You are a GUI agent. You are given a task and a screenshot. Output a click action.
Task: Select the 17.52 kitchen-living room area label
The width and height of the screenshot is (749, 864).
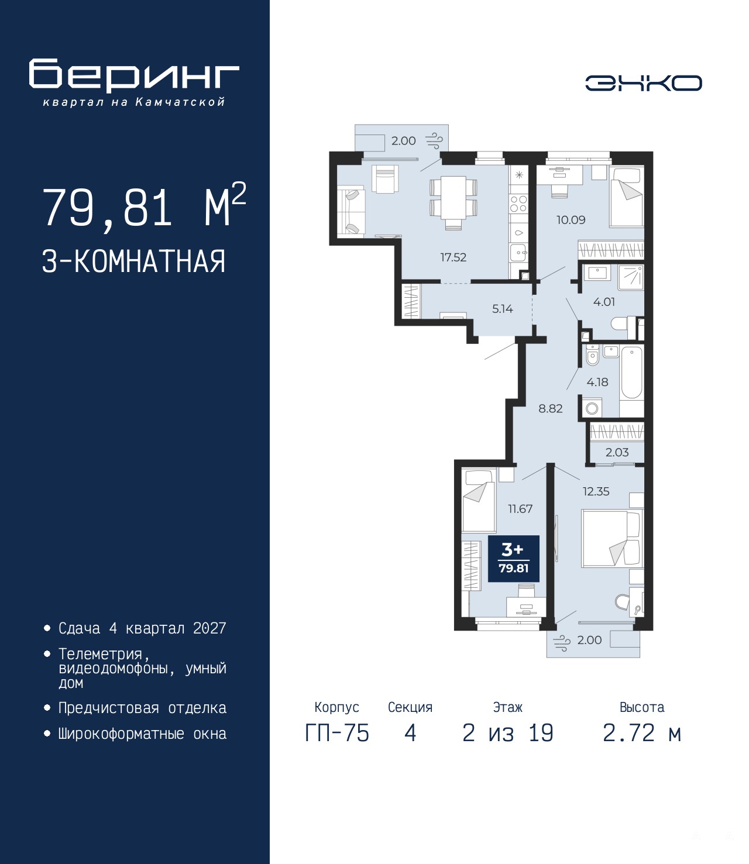pyautogui.click(x=453, y=257)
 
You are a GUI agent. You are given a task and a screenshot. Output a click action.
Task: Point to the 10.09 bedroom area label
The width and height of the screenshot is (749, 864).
pyautogui.click(x=571, y=220)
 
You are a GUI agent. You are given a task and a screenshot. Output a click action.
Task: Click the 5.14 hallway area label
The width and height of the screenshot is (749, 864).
pyautogui.click(x=502, y=309)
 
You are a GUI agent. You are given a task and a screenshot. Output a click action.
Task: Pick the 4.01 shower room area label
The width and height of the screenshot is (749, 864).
pyautogui.click(x=604, y=302)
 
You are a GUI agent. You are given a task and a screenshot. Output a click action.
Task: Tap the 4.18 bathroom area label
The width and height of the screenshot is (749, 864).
pyautogui.click(x=597, y=381)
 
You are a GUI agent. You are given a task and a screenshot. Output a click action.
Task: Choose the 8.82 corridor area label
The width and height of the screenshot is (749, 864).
pyautogui.click(x=551, y=408)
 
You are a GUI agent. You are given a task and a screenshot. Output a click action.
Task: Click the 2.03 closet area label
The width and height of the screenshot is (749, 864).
pyautogui.click(x=617, y=452)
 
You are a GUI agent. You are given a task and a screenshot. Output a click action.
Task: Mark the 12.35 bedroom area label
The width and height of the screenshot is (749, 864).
pyautogui.click(x=596, y=491)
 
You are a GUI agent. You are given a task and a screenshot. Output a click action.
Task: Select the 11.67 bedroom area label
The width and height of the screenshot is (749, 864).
pyautogui.click(x=520, y=509)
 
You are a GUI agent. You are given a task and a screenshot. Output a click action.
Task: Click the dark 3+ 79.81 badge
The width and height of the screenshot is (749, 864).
pyautogui.click(x=514, y=559)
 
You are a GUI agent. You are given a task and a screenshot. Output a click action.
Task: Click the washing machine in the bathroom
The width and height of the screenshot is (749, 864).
pyautogui.click(x=592, y=408)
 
